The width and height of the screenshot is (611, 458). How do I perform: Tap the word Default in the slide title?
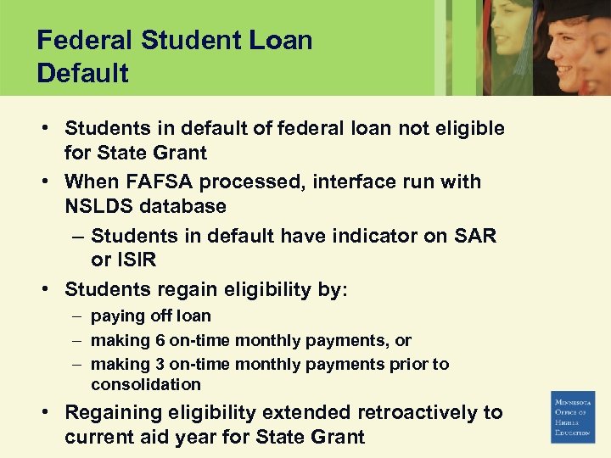point(82,73)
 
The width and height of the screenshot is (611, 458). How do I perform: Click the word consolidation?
point(146,385)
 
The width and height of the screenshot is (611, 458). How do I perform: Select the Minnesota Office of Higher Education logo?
point(573,416)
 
